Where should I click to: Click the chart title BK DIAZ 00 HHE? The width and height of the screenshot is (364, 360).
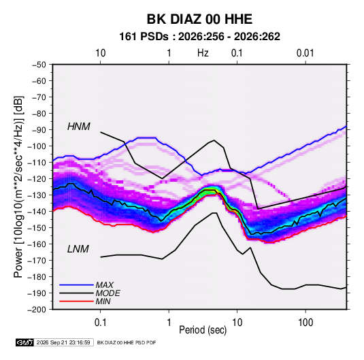point(199,19)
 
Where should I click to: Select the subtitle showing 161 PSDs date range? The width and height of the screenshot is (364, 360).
point(199,37)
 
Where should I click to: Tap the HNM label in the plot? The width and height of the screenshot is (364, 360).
point(79,127)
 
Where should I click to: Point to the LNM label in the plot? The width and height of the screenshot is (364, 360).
point(78,249)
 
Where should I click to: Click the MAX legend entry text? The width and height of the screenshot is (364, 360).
point(105,285)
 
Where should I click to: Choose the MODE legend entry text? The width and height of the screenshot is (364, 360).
point(107,293)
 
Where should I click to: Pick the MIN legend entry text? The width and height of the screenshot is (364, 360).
point(103,301)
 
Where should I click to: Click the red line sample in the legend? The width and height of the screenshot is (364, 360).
point(76,301)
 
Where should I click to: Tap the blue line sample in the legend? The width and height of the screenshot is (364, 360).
point(76,285)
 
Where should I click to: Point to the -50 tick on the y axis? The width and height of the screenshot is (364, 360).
point(39,65)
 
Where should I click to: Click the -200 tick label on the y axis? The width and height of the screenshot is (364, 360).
point(37,310)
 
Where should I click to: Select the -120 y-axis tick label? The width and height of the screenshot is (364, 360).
point(37,179)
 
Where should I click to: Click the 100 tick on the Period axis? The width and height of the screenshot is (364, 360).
point(305,322)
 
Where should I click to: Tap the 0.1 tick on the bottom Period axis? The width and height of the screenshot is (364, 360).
point(100,322)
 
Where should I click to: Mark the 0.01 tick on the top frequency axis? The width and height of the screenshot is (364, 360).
point(305,53)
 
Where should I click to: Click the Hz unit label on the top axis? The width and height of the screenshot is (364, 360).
point(203,53)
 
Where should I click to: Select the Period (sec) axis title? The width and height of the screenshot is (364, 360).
point(203,330)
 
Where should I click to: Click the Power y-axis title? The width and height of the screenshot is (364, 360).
point(18,187)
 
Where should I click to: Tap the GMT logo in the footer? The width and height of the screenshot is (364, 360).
point(24,342)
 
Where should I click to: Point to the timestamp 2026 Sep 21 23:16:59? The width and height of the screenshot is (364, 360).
point(63,342)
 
